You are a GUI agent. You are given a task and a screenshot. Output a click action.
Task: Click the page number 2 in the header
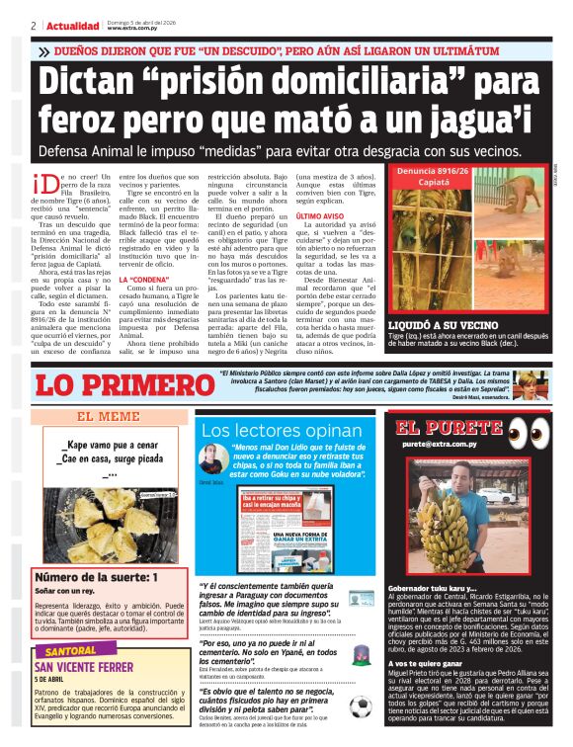pos(33,25)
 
